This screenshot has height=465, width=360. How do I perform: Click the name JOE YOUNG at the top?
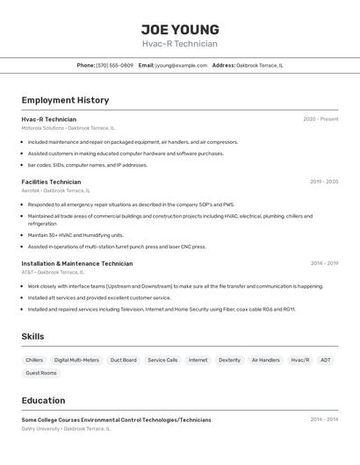[180, 30]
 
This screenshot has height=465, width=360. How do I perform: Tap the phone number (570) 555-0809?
[114, 66]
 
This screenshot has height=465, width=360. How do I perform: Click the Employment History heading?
[65, 100]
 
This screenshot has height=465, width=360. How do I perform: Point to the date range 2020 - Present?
[320, 119]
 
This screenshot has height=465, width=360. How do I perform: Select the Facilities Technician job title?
[51, 182]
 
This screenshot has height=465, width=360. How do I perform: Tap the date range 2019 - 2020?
[324, 182]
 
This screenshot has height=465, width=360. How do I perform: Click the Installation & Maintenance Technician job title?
[77, 263]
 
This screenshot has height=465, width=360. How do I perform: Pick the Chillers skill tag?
[34, 360]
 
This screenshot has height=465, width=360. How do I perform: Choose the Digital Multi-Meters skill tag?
[76, 360]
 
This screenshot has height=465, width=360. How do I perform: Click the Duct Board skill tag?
[123, 360]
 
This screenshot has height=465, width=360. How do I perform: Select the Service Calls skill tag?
[162, 360]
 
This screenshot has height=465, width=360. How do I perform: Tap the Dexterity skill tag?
[229, 360]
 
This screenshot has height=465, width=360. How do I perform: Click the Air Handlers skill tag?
[265, 360]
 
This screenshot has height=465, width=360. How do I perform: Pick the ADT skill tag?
[325, 360]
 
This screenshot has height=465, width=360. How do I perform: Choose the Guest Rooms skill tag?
[41, 373]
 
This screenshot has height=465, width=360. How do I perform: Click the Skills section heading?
[33, 337]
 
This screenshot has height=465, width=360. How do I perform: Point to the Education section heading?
[43, 400]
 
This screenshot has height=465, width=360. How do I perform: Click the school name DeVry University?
[40, 429]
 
